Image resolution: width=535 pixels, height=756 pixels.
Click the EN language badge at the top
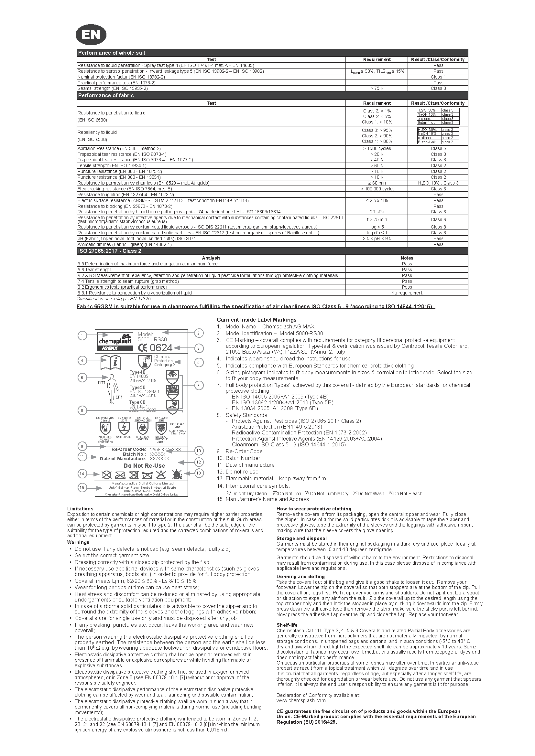91,35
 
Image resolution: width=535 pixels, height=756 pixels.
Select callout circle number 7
199,385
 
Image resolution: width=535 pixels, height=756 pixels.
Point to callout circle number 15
82,488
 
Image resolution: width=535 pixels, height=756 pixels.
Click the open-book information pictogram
110,363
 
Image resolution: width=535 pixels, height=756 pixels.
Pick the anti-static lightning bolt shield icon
124,428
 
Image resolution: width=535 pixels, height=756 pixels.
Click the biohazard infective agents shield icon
142,428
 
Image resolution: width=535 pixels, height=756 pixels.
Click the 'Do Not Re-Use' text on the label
144,465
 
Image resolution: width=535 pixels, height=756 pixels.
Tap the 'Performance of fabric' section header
106,95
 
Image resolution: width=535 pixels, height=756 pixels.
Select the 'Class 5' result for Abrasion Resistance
438,148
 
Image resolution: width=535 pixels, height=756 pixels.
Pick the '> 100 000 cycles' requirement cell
377,189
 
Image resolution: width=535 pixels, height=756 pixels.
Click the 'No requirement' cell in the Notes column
407,293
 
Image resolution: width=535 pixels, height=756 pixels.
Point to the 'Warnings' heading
78,542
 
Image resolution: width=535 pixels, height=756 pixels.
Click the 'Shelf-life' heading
287,625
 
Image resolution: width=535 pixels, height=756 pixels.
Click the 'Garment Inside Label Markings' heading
256,320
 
